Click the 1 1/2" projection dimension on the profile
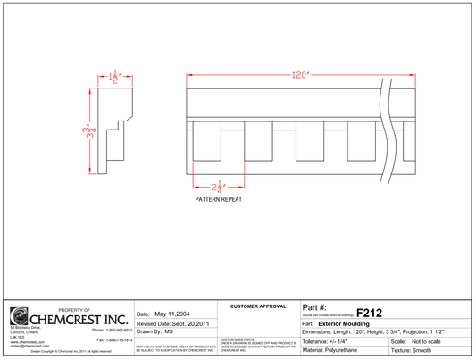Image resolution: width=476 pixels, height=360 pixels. tap(113, 76)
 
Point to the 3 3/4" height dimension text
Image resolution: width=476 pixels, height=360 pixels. tap(79, 135)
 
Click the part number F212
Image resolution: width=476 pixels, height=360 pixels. tap(369, 314)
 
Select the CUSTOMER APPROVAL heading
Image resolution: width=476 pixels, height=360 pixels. tap(258, 306)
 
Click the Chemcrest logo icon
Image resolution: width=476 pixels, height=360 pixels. tap(19, 317)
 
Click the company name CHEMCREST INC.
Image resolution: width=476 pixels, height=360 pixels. tap(79, 318)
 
